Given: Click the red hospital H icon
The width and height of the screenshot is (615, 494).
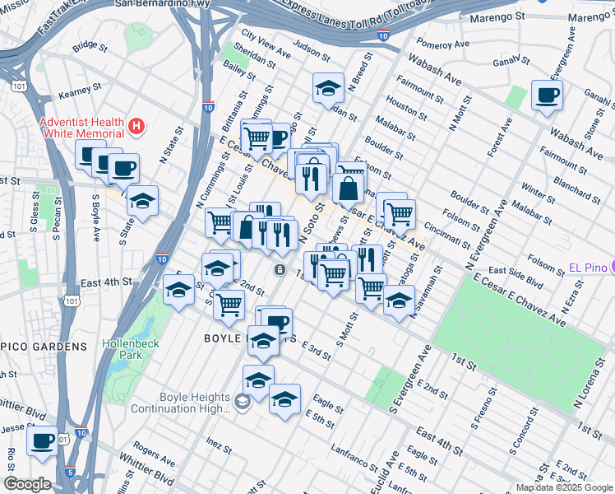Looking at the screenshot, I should pyautogui.click(x=137, y=127).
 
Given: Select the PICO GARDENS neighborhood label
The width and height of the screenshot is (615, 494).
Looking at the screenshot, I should pyautogui.click(x=43, y=347).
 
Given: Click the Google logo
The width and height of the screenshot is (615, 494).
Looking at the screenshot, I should pyautogui.click(x=27, y=483).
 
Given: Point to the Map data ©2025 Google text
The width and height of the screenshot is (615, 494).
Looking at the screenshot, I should pyautogui.click(x=564, y=487).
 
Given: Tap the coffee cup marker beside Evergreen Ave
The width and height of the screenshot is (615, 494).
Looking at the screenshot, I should pyautogui.click(x=547, y=96).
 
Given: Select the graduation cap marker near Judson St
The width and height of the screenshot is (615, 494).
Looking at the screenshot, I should pyautogui.click(x=328, y=88).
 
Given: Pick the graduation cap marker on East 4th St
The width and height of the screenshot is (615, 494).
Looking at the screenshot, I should pyautogui.click(x=178, y=290).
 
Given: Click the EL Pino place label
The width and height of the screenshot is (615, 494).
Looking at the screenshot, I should pyautogui.click(x=591, y=268).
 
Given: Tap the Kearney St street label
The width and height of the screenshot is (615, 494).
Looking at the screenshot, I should pyautogui.click(x=79, y=85).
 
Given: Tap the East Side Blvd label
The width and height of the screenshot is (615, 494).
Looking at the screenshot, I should pyautogui.click(x=516, y=276).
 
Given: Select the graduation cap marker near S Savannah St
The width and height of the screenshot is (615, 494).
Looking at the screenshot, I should pyautogui.click(x=399, y=302).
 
